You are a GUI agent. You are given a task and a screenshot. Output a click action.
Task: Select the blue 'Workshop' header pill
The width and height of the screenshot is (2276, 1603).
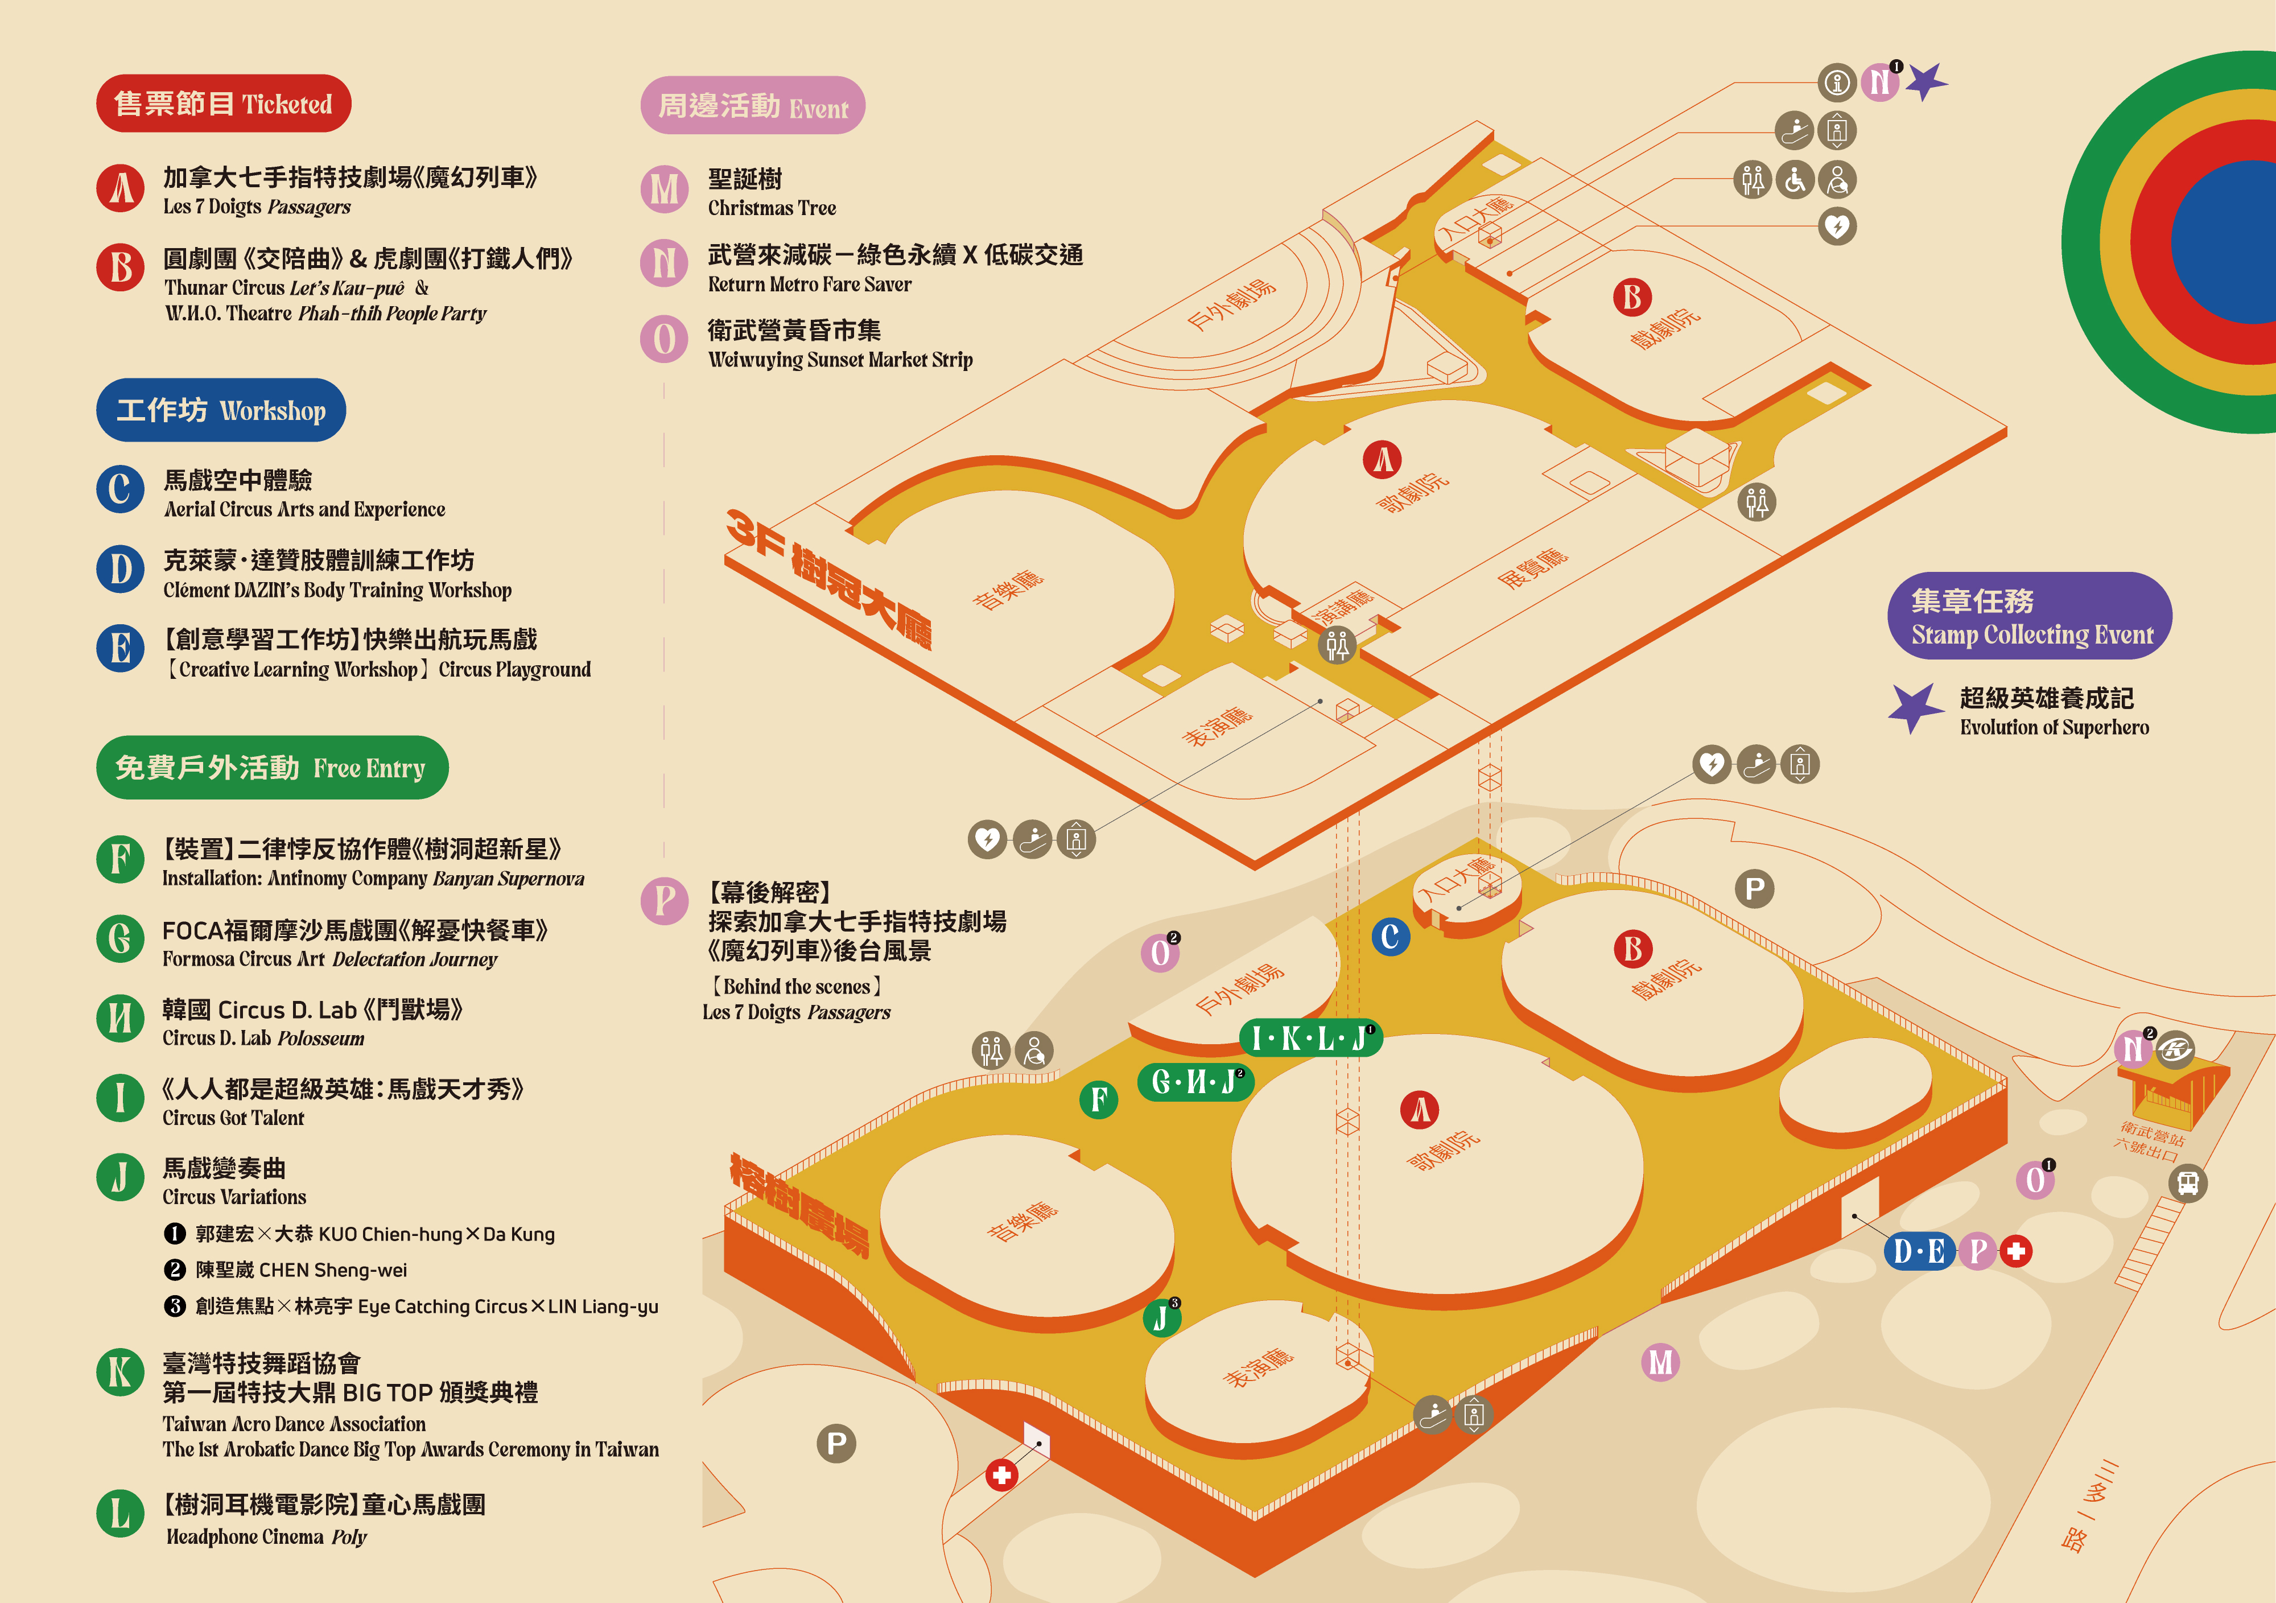click(221, 409)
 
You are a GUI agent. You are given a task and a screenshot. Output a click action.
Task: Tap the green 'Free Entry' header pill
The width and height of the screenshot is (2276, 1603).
click(271, 767)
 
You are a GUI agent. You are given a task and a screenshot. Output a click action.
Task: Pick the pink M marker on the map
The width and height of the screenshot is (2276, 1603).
click(1660, 1362)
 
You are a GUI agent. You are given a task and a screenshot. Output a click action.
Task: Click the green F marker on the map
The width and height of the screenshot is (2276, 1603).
click(1098, 1099)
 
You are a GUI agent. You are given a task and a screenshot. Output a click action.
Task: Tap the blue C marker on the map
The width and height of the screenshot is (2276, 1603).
click(1391, 937)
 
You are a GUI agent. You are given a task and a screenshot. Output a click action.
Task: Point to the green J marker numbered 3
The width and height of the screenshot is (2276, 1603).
click(1161, 1317)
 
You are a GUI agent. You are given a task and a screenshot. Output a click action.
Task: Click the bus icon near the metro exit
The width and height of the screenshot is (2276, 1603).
click(2188, 1182)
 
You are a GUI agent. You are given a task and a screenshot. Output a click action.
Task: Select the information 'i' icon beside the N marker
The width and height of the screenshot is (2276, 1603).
click(1837, 83)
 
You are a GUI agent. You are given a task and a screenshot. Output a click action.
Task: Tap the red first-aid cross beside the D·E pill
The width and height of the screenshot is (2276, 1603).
click(2015, 1251)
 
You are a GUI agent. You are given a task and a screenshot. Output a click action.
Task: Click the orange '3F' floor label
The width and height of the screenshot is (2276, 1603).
click(756, 533)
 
